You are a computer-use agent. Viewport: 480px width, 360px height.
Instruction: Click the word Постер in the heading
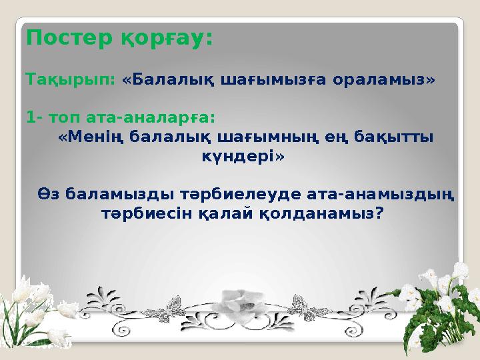coord(60,38)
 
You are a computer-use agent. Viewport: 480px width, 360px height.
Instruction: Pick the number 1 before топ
coord(31,118)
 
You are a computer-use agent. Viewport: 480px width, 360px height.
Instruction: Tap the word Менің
coord(91,137)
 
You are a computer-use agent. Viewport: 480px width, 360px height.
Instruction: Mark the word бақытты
coord(393,137)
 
